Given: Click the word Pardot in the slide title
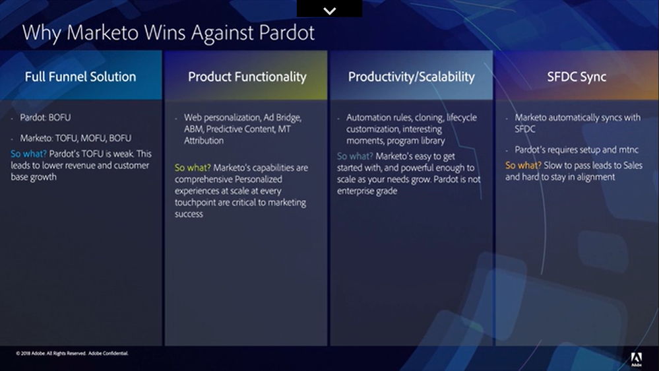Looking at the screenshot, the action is click(x=287, y=32).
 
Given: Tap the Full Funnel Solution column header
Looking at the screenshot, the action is click(x=80, y=77).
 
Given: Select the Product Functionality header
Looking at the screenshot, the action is click(x=247, y=77).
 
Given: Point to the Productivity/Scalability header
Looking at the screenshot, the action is click(x=412, y=77).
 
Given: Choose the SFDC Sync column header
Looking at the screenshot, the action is click(x=577, y=77).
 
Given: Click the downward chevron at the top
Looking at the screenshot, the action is click(x=330, y=11).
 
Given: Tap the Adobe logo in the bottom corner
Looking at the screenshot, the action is click(x=637, y=359).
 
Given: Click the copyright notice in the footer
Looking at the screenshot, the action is click(x=73, y=353).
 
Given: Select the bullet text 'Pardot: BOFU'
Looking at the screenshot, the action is click(x=46, y=118).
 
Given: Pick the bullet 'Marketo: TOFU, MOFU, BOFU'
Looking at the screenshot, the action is click(x=76, y=138).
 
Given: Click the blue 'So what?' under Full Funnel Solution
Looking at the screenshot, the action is click(x=28, y=154).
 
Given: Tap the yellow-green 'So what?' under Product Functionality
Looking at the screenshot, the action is click(x=193, y=168).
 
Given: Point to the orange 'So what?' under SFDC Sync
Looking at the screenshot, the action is click(x=523, y=165).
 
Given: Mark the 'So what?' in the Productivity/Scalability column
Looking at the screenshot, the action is click(x=355, y=156).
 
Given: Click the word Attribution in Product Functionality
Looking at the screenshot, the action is click(x=204, y=141).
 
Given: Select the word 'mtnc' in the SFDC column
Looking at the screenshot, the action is click(x=628, y=150).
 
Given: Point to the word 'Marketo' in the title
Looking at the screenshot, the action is click(x=102, y=32).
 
